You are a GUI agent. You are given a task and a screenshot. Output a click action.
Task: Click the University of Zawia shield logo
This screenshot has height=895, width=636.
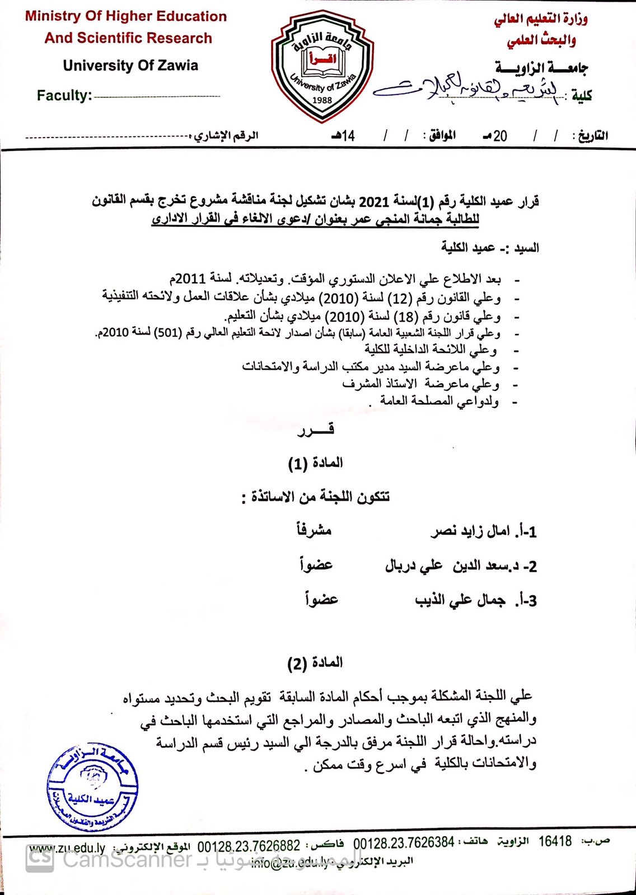pyautogui.click(x=322, y=66)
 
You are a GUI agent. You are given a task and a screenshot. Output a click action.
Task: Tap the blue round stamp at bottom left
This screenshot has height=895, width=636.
pyautogui.click(x=92, y=789)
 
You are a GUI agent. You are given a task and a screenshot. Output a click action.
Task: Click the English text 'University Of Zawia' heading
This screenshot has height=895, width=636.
pyautogui.click(x=130, y=65)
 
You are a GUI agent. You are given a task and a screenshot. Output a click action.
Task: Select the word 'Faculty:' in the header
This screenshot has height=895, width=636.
pyautogui.click(x=64, y=95)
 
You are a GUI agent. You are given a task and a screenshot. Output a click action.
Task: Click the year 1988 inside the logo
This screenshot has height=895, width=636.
pyautogui.click(x=322, y=100)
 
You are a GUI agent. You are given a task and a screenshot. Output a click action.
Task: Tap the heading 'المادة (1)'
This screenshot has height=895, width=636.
pyautogui.click(x=315, y=463)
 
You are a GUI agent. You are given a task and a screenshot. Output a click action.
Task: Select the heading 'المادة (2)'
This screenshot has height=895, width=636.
pyautogui.click(x=315, y=663)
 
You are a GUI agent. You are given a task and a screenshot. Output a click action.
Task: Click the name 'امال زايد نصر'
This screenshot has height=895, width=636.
pyautogui.click(x=470, y=531)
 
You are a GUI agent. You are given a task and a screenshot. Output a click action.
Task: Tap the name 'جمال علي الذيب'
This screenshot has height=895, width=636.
pyautogui.click(x=460, y=601)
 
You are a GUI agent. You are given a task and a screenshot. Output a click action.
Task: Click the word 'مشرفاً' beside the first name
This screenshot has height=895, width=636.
pyautogui.click(x=314, y=530)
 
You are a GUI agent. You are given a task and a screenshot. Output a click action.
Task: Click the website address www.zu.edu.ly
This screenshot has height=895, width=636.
pyautogui.click(x=68, y=848)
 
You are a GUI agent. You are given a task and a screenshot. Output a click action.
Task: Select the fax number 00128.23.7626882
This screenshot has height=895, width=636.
pyautogui.click(x=249, y=845)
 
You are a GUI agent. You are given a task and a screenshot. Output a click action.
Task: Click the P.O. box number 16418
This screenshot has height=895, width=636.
pyautogui.click(x=555, y=841)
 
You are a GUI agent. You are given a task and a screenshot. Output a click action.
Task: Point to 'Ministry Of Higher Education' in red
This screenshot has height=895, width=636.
pyautogui.click(x=126, y=16)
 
